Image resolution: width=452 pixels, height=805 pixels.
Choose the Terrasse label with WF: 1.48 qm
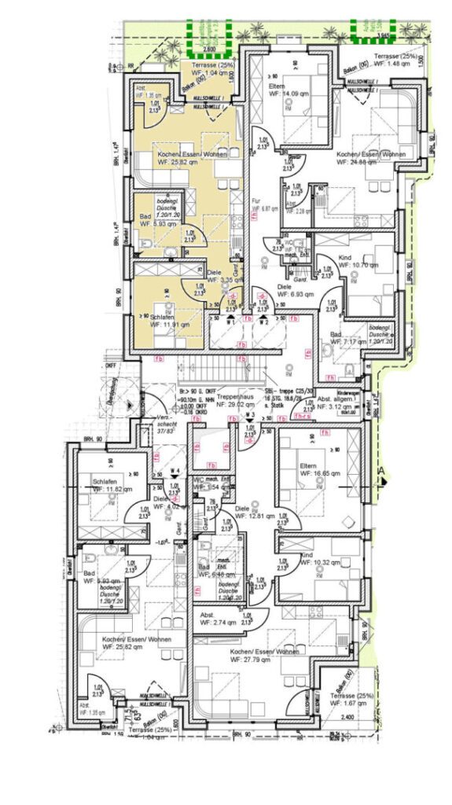click(396, 61)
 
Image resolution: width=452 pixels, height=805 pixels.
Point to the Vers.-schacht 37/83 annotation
click(165, 423)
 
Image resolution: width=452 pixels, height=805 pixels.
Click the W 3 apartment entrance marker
click(248, 417)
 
